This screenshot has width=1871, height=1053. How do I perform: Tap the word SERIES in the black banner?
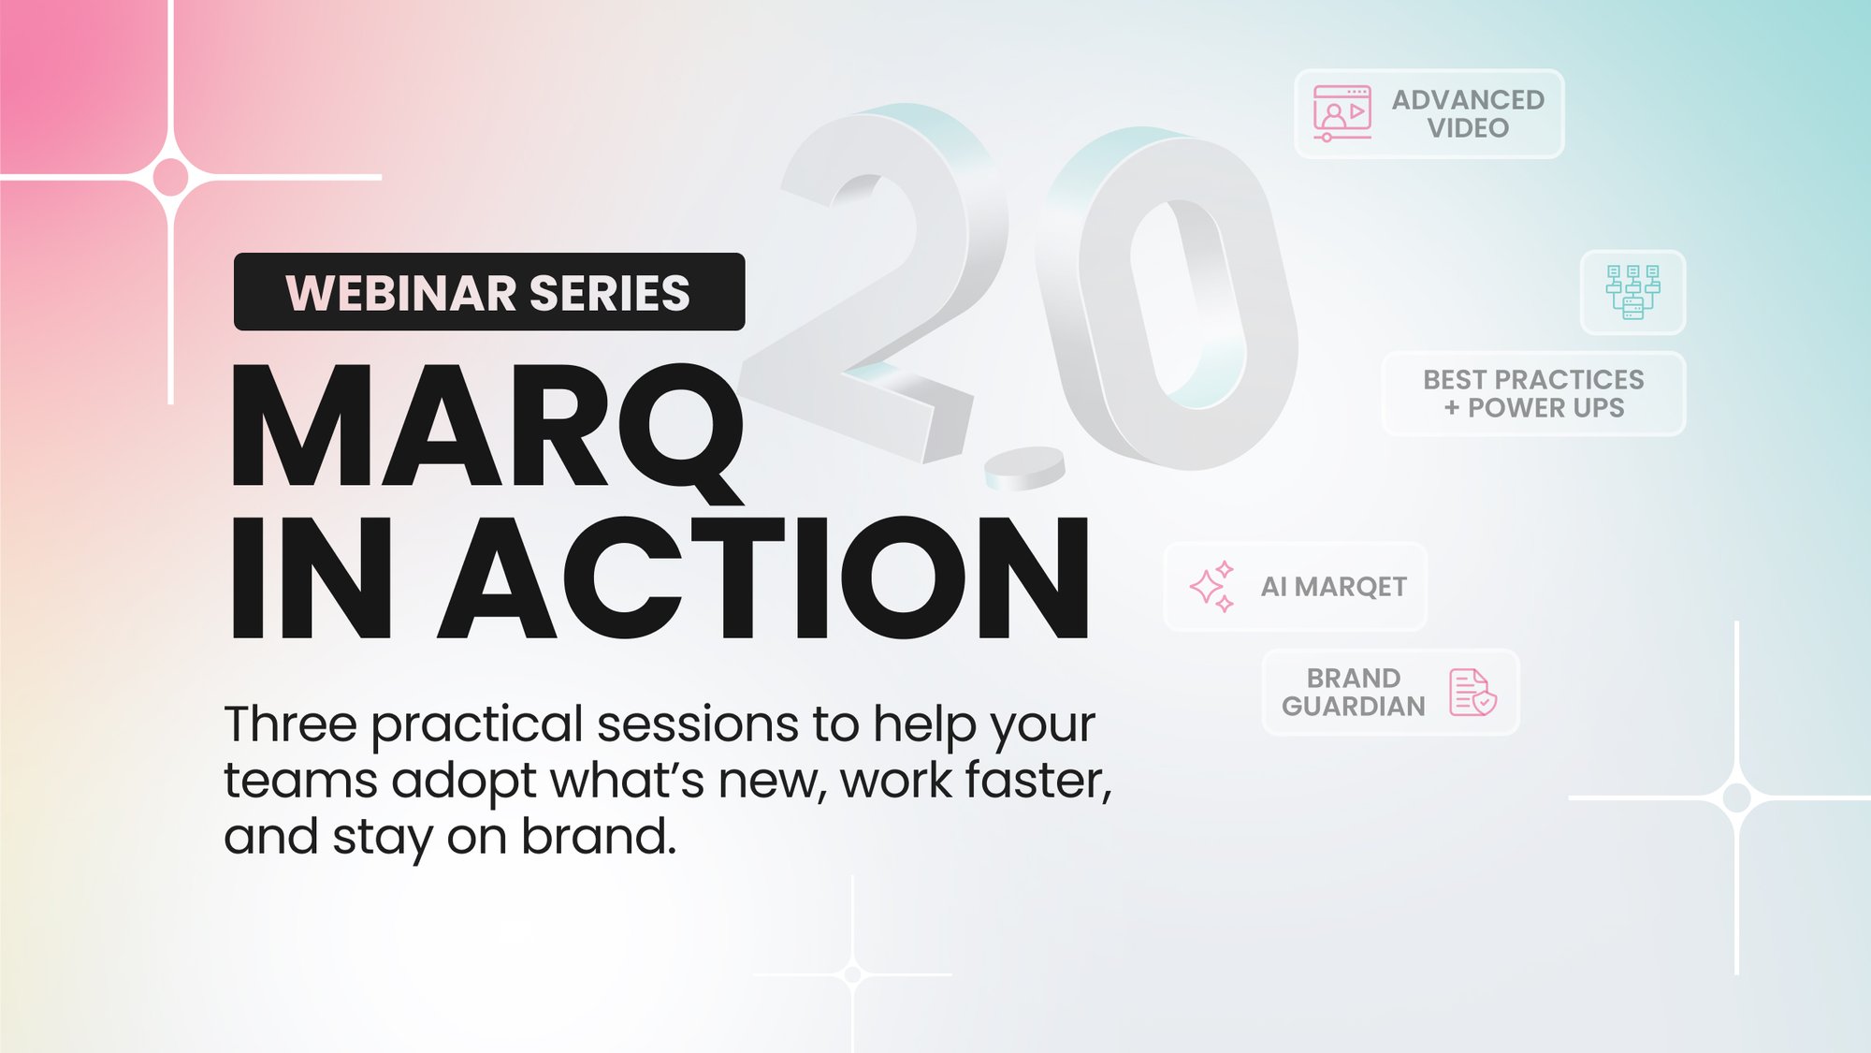[609, 293]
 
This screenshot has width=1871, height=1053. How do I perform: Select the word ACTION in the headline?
[762, 578]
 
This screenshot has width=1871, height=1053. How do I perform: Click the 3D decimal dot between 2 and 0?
[1025, 467]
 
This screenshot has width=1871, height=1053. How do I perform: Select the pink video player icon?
[1342, 113]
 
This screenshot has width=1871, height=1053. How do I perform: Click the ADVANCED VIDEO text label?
[1467, 113]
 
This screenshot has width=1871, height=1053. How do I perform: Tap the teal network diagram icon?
[1632, 292]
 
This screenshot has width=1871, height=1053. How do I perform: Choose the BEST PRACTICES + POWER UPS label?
[1533, 393]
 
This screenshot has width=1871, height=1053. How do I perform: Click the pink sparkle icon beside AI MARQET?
[1211, 587]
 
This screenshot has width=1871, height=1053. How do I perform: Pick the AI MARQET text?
[1333, 587]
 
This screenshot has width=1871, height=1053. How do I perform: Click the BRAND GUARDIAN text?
[1353, 692]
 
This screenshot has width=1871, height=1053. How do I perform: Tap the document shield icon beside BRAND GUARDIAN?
[1472, 692]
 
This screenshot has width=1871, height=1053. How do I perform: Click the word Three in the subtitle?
[290, 724]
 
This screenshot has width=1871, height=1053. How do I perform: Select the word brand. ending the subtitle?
[599, 836]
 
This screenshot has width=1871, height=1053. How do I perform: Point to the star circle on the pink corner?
[171, 177]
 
